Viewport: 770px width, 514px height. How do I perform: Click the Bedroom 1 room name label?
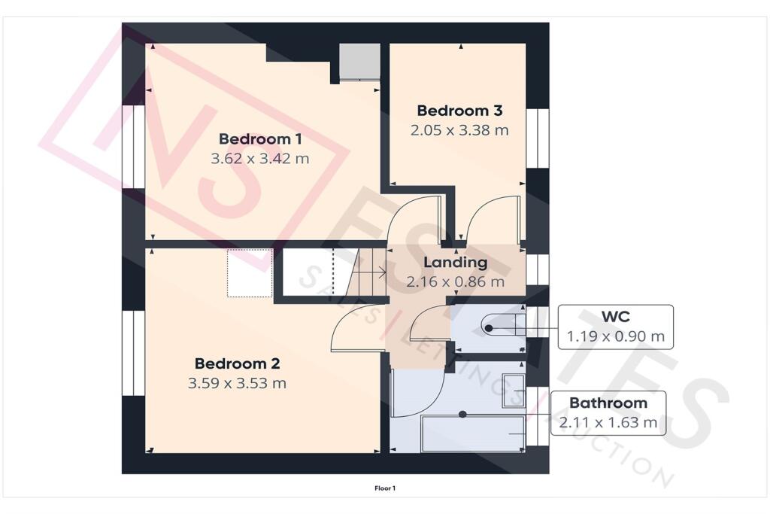click(x=260, y=139)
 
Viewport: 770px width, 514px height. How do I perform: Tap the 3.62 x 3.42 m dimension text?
click(x=260, y=159)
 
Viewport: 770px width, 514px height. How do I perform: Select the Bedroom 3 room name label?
click(x=459, y=111)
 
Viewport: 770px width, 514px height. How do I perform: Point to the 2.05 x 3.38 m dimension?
click(x=459, y=129)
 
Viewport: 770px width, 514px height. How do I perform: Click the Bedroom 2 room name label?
click(x=237, y=363)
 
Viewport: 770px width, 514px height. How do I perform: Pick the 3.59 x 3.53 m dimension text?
click(x=237, y=383)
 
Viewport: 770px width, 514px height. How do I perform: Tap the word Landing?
click(x=455, y=263)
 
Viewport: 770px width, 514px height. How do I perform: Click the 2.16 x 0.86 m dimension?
click(x=455, y=282)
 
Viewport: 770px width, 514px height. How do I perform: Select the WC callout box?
click(x=614, y=327)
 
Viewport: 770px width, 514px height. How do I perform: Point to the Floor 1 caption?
click(x=385, y=488)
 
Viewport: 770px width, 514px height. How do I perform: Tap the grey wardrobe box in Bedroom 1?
click(x=359, y=62)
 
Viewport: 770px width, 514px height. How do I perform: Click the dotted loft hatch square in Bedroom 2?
click(x=250, y=272)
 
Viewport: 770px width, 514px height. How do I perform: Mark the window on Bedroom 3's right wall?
click(x=537, y=137)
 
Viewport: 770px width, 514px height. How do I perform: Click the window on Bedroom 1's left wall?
click(x=134, y=146)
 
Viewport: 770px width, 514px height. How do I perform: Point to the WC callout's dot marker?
click(x=490, y=328)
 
